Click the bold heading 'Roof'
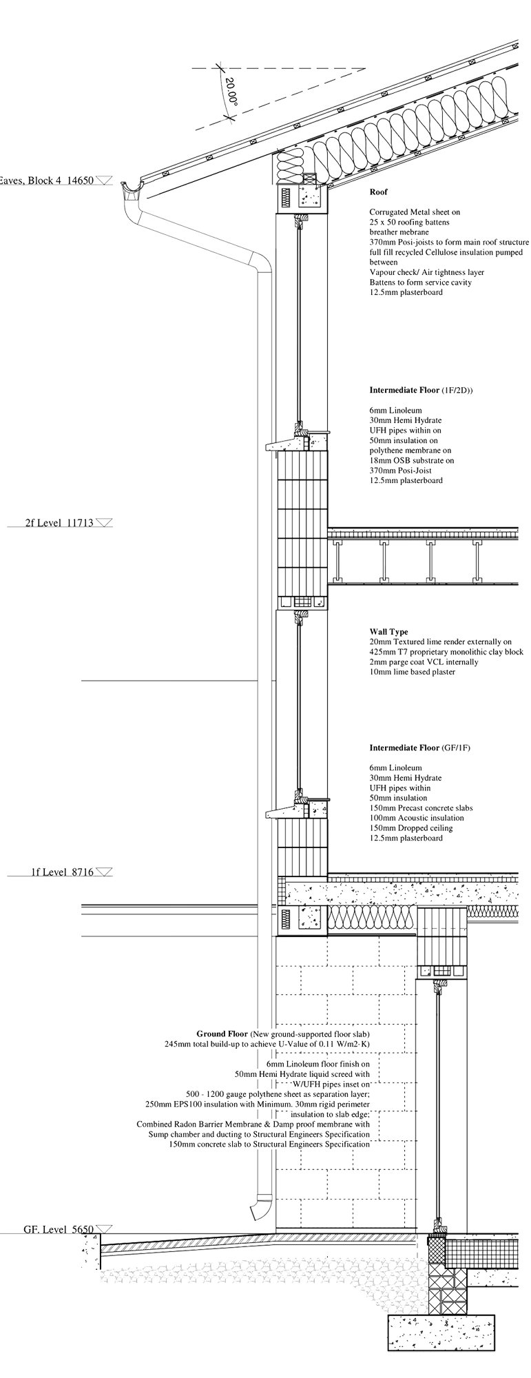[x=378, y=192]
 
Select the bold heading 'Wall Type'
[x=388, y=632]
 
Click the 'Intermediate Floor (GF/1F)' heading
[x=420, y=748]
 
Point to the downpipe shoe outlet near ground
[x=261, y=1208]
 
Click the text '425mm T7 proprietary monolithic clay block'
[x=446, y=652]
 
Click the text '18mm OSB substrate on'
[x=411, y=460]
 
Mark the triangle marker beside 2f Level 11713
[x=104, y=522]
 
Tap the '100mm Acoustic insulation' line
[x=416, y=818]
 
